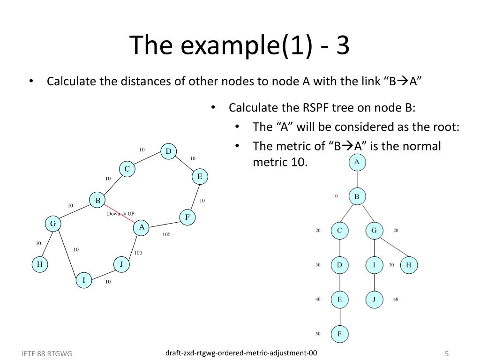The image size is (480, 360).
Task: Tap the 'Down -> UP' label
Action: pyautogui.click(x=120, y=214)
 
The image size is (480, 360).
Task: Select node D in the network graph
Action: pyautogui.click(x=168, y=151)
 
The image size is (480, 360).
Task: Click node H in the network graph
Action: pyautogui.click(x=40, y=264)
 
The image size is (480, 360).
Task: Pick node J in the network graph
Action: pyautogui.click(x=121, y=264)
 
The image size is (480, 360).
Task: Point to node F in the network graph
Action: pyautogui.click(x=187, y=217)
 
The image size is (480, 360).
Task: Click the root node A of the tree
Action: pyautogui.click(x=357, y=162)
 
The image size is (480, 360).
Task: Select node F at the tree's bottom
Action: pyautogui.click(x=339, y=334)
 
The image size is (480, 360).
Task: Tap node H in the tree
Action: pyautogui.click(x=408, y=265)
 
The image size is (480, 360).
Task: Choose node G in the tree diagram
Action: pyautogui.click(x=374, y=231)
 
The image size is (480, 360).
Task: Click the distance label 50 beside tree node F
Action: pyautogui.click(x=318, y=334)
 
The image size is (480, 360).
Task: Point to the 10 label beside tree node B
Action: pyautogui.click(x=335, y=196)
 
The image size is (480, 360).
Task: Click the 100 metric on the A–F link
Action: pyautogui.click(x=166, y=234)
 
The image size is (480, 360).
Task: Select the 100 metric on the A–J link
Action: pyautogui.click(x=138, y=253)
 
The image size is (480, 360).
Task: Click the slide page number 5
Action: pyautogui.click(x=447, y=353)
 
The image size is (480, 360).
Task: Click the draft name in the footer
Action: pyautogui.click(x=241, y=352)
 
